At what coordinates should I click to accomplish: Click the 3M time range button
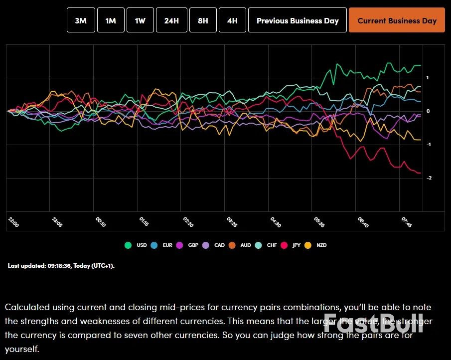[x=81, y=20]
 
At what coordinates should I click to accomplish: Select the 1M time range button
[x=111, y=20]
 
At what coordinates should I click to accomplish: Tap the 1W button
[x=140, y=20]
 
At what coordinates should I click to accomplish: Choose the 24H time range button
[x=171, y=20]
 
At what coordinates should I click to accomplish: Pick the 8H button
[x=203, y=20]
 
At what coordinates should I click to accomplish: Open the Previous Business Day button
[x=298, y=20]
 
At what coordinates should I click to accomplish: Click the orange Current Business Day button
[x=397, y=20]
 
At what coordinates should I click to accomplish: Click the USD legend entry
[x=138, y=245]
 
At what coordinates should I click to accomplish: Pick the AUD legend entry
[x=242, y=245]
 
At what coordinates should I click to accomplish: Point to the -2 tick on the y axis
[x=428, y=178]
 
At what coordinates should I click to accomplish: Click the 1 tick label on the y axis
[x=428, y=78]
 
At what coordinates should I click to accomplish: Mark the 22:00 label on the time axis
[x=13, y=222]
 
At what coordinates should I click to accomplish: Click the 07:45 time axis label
[x=407, y=222]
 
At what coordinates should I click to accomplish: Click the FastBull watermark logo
[x=374, y=323]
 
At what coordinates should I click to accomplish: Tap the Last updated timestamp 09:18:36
[x=61, y=266]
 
